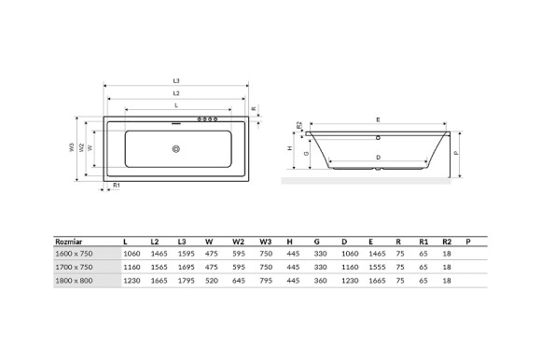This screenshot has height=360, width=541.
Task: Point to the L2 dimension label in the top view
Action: click(x=176, y=93)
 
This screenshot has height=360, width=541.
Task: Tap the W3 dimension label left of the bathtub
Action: click(x=71, y=147)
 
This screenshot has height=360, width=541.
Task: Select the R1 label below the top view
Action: click(x=116, y=186)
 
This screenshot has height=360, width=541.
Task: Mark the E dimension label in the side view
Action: click(x=377, y=119)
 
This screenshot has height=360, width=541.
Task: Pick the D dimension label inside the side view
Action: click(x=377, y=156)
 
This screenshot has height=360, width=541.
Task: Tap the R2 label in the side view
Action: click(x=298, y=124)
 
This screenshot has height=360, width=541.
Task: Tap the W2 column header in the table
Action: click(x=238, y=241)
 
